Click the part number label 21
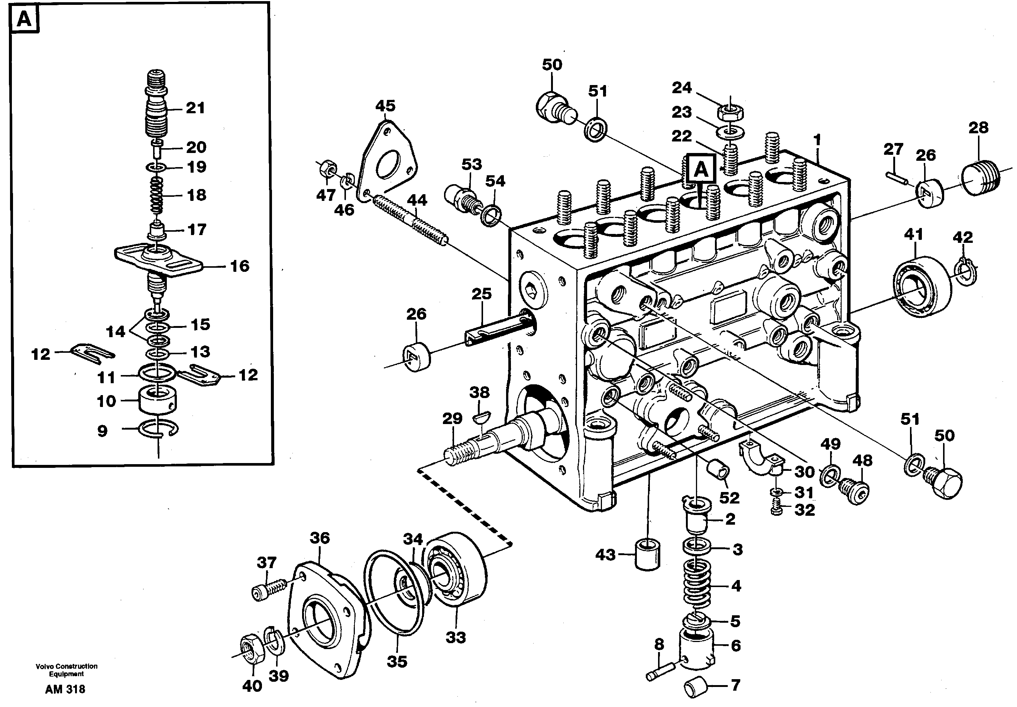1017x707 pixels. [x=195, y=108]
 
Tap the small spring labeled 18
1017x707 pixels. [x=156, y=195]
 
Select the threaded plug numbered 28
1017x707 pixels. [x=980, y=177]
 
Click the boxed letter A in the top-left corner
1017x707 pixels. [x=25, y=19]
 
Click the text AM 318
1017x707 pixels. [x=65, y=689]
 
